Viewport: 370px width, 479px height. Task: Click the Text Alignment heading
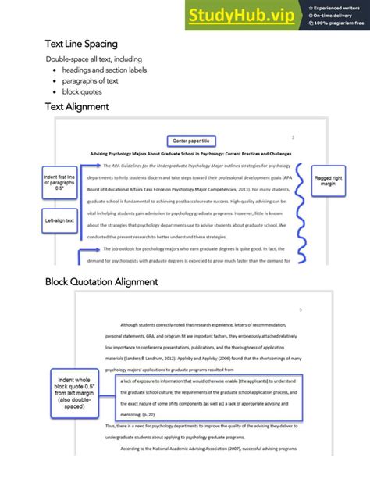(76, 107)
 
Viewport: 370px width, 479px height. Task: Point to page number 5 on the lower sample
(300, 309)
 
